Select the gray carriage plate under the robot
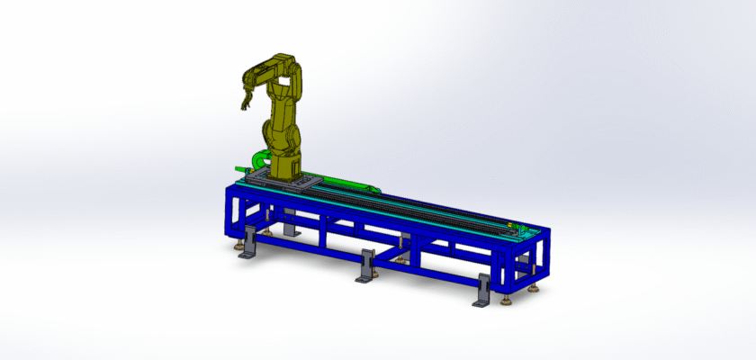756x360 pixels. point(286,183)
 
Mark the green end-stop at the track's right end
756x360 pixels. point(511,226)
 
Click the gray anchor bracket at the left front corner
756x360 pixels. point(249,244)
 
